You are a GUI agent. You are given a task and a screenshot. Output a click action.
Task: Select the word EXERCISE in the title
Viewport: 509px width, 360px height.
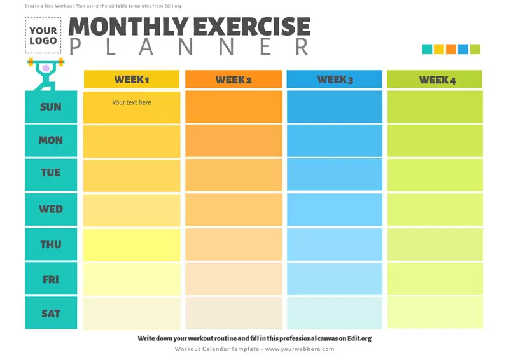coord(253,27)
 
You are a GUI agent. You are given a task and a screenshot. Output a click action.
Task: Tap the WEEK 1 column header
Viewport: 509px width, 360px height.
coord(132,80)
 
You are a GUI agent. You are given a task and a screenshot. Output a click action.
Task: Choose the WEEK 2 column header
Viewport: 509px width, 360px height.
coord(234,80)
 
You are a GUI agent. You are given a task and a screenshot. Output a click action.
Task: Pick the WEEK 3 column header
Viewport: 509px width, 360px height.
coord(335,80)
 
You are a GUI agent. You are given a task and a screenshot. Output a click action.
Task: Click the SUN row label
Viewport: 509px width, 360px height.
coord(51,107)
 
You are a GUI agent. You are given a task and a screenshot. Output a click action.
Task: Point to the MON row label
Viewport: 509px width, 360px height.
coord(51,141)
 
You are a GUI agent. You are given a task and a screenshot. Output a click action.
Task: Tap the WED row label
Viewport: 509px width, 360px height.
coord(51,209)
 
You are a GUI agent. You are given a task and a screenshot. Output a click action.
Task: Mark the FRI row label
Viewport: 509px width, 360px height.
coord(51,279)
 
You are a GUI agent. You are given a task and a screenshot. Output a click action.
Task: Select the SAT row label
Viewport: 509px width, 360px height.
coord(51,314)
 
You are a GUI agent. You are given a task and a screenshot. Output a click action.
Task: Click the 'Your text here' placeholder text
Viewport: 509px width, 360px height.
coord(132,102)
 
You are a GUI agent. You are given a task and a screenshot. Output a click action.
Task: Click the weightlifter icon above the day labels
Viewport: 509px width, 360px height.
coord(45,73)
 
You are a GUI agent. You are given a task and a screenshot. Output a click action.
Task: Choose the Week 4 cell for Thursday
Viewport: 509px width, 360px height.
coord(435,244)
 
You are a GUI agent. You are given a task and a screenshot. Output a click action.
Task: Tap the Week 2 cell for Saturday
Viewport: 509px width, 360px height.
coord(234,313)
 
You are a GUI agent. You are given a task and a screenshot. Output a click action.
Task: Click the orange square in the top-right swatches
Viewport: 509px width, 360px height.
coord(451,49)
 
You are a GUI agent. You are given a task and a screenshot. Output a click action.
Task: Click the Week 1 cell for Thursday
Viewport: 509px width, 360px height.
coord(132,244)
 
